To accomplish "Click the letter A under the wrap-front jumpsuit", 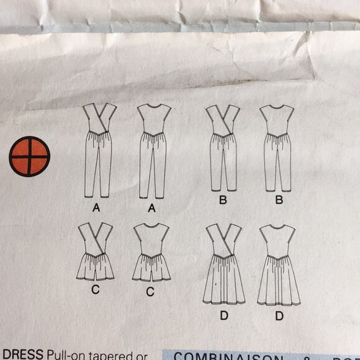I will point(96,209).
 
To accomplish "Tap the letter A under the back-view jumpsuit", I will point(152,209).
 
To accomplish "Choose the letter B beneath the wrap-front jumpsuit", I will point(223,200).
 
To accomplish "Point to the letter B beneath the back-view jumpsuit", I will point(279,200).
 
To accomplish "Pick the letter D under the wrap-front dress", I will point(223,316).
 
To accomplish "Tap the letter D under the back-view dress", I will point(279,316).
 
